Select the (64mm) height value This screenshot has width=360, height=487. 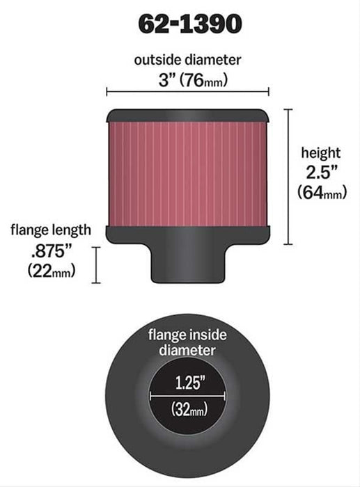pyautogui.click(x=321, y=192)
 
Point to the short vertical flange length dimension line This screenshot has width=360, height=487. pyautogui.click(x=97, y=265)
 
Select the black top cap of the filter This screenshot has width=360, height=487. pyautogui.click(x=187, y=115)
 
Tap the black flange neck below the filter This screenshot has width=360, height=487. pyautogui.click(x=187, y=264)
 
